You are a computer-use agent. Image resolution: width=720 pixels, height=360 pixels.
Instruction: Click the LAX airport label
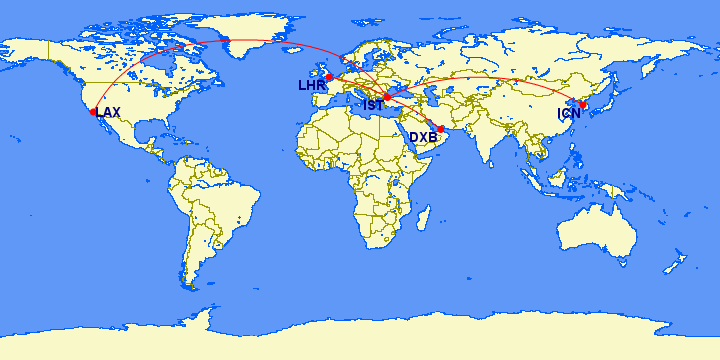[x=108, y=112]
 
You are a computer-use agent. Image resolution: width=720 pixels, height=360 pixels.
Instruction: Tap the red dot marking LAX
[x=93, y=112]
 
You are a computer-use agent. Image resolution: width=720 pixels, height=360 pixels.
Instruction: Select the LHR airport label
[x=310, y=86]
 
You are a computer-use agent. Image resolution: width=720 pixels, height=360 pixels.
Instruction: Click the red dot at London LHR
[x=329, y=77]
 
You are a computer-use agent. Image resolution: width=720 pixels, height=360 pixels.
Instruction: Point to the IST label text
[x=372, y=104]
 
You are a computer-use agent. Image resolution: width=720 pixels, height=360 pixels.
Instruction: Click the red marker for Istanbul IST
[x=387, y=97]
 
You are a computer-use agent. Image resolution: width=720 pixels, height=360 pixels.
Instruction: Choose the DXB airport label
[x=423, y=136]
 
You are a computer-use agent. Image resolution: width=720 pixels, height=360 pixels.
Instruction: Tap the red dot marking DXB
[x=441, y=129]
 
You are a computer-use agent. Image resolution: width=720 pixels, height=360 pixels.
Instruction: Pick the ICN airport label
[x=569, y=114]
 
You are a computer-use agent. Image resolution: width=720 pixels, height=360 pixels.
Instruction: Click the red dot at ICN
[x=583, y=105]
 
